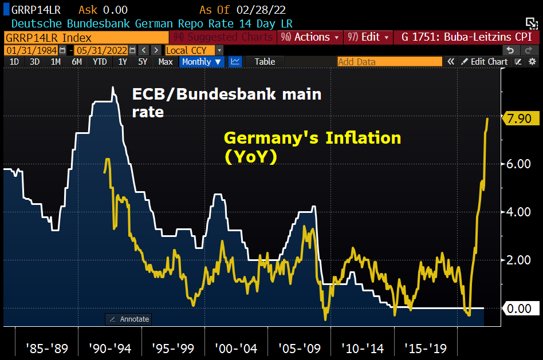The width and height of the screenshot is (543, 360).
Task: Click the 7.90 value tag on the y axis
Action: (520, 118)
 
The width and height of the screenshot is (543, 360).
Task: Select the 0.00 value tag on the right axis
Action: (520, 308)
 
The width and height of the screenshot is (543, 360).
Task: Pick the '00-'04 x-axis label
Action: (235, 348)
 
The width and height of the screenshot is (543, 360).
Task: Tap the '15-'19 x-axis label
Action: (424, 348)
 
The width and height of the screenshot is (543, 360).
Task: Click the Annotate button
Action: (129, 319)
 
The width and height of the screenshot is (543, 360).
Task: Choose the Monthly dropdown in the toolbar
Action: (202, 62)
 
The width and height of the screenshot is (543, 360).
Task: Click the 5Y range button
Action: (143, 62)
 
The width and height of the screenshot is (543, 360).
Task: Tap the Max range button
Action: (166, 62)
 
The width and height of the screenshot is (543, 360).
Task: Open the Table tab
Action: (265, 62)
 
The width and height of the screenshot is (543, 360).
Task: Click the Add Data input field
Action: (389, 62)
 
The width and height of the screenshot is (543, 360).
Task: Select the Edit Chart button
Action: (485, 62)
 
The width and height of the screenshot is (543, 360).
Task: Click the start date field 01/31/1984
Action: (25, 50)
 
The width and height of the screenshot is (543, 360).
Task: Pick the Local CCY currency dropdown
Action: (190, 50)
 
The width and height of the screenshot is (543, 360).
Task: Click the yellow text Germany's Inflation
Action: (312, 138)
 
